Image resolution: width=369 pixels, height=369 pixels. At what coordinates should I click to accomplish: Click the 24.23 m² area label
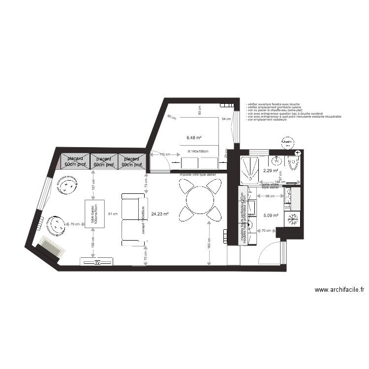point(160,214)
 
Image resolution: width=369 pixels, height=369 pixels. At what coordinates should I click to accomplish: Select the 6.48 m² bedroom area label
point(194,138)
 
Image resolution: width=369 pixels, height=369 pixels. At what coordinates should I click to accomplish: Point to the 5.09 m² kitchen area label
point(271,215)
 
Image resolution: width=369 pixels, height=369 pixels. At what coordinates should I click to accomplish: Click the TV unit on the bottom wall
point(97,262)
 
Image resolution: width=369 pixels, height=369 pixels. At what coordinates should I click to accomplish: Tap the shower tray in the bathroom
point(253,167)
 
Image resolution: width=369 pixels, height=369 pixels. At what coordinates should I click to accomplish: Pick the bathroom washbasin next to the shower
point(277,160)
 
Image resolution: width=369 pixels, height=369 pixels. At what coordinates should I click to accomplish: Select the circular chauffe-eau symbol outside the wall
point(286,143)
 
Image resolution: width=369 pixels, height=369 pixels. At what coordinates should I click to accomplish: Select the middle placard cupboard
point(104,162)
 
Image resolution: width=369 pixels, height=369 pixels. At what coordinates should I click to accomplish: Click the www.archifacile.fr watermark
point(339,290)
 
